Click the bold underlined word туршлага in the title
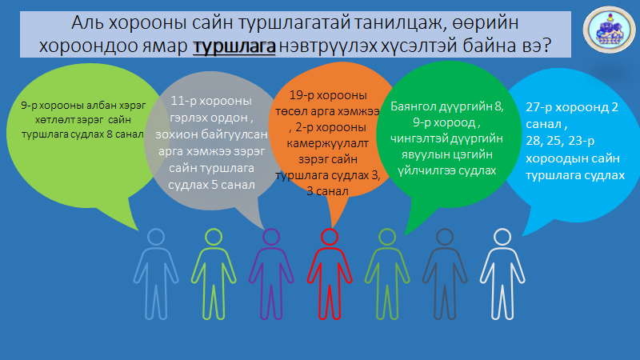point(234,46)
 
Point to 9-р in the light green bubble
point(33,105)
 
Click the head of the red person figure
point(329,238)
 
